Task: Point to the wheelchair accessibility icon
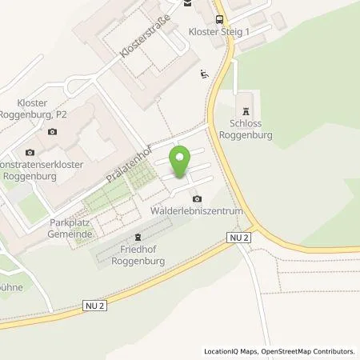(x=203, y=74)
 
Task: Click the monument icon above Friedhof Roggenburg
(x=137, y=237)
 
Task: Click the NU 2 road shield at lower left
(x=94, y=305)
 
